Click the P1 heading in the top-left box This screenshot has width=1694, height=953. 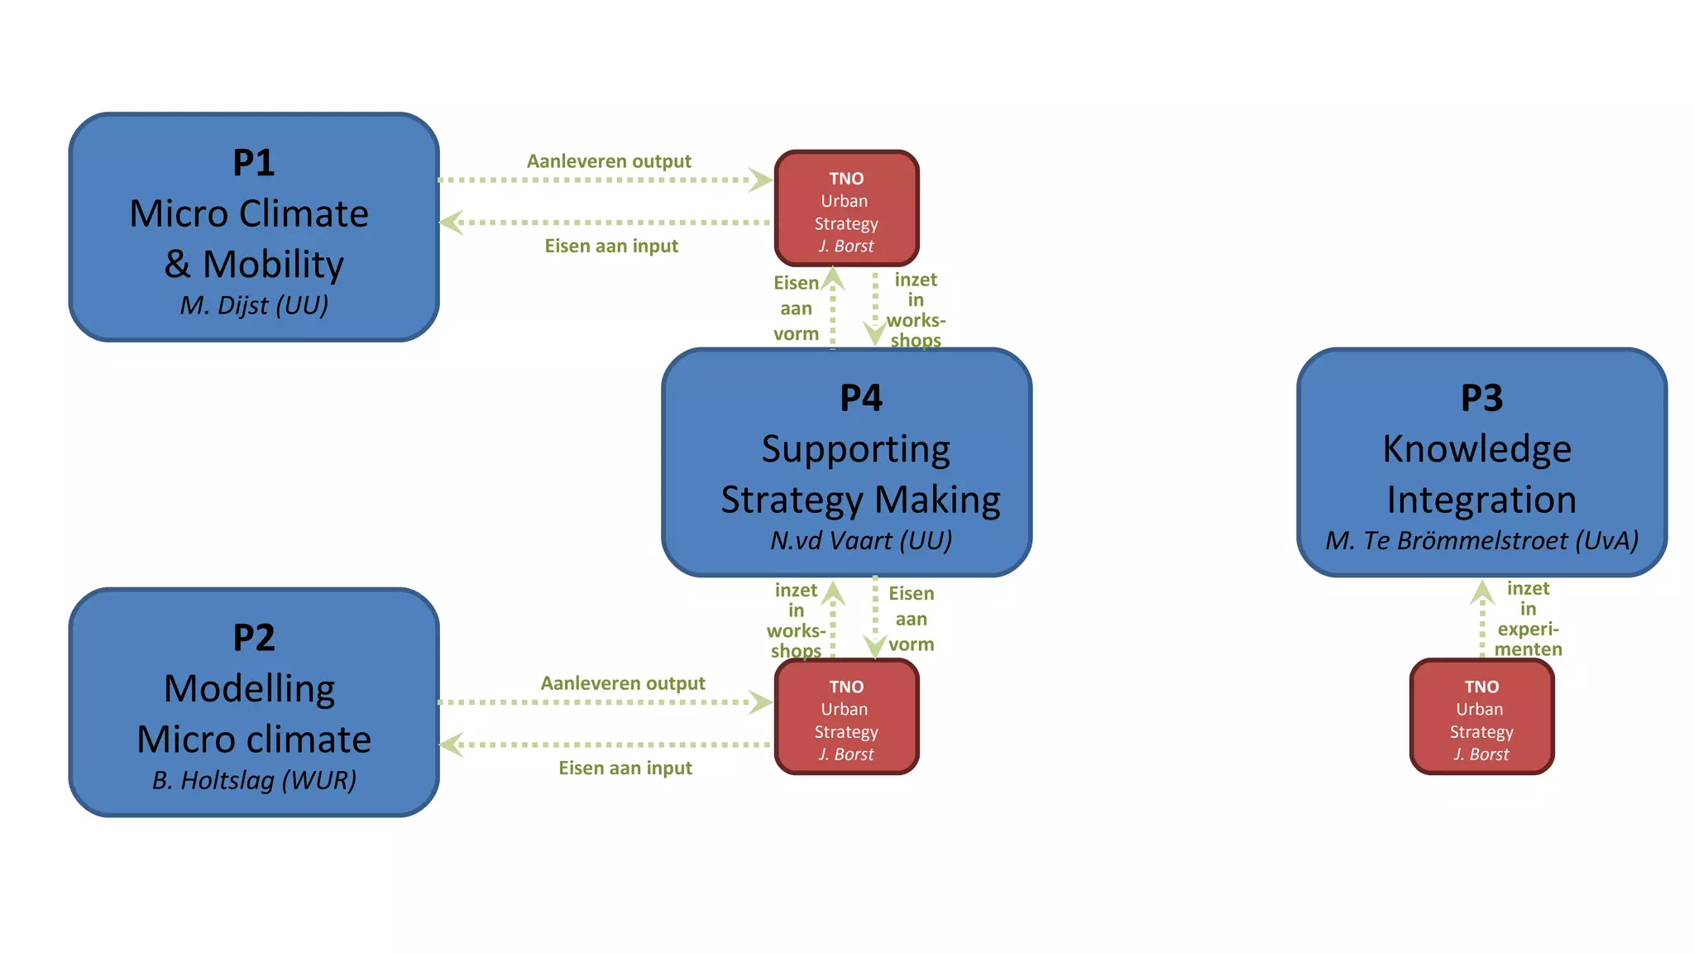253,163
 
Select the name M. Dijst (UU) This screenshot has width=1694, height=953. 254,305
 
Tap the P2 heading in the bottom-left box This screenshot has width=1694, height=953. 253,638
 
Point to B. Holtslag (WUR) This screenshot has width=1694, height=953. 254,780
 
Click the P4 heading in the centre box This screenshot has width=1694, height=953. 860,398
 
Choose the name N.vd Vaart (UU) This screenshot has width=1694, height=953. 860,541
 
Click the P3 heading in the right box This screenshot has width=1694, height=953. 1481,398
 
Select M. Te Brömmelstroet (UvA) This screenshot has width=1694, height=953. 1481,541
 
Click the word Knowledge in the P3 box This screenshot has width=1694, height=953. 1476,449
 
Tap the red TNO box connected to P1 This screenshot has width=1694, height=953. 846,208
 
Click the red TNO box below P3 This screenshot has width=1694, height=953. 1481,717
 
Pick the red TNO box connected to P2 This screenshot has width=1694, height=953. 846,717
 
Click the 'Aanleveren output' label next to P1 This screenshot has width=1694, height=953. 609,161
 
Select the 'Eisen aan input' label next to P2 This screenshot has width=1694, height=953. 625,769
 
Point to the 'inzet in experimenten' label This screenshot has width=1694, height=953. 1528,619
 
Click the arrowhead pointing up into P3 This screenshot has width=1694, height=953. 1482,591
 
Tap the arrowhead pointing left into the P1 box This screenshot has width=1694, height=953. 451,223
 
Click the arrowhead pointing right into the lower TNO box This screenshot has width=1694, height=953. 760,702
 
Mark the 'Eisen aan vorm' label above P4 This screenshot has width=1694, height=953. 796,309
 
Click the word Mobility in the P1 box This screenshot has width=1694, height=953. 273,265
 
